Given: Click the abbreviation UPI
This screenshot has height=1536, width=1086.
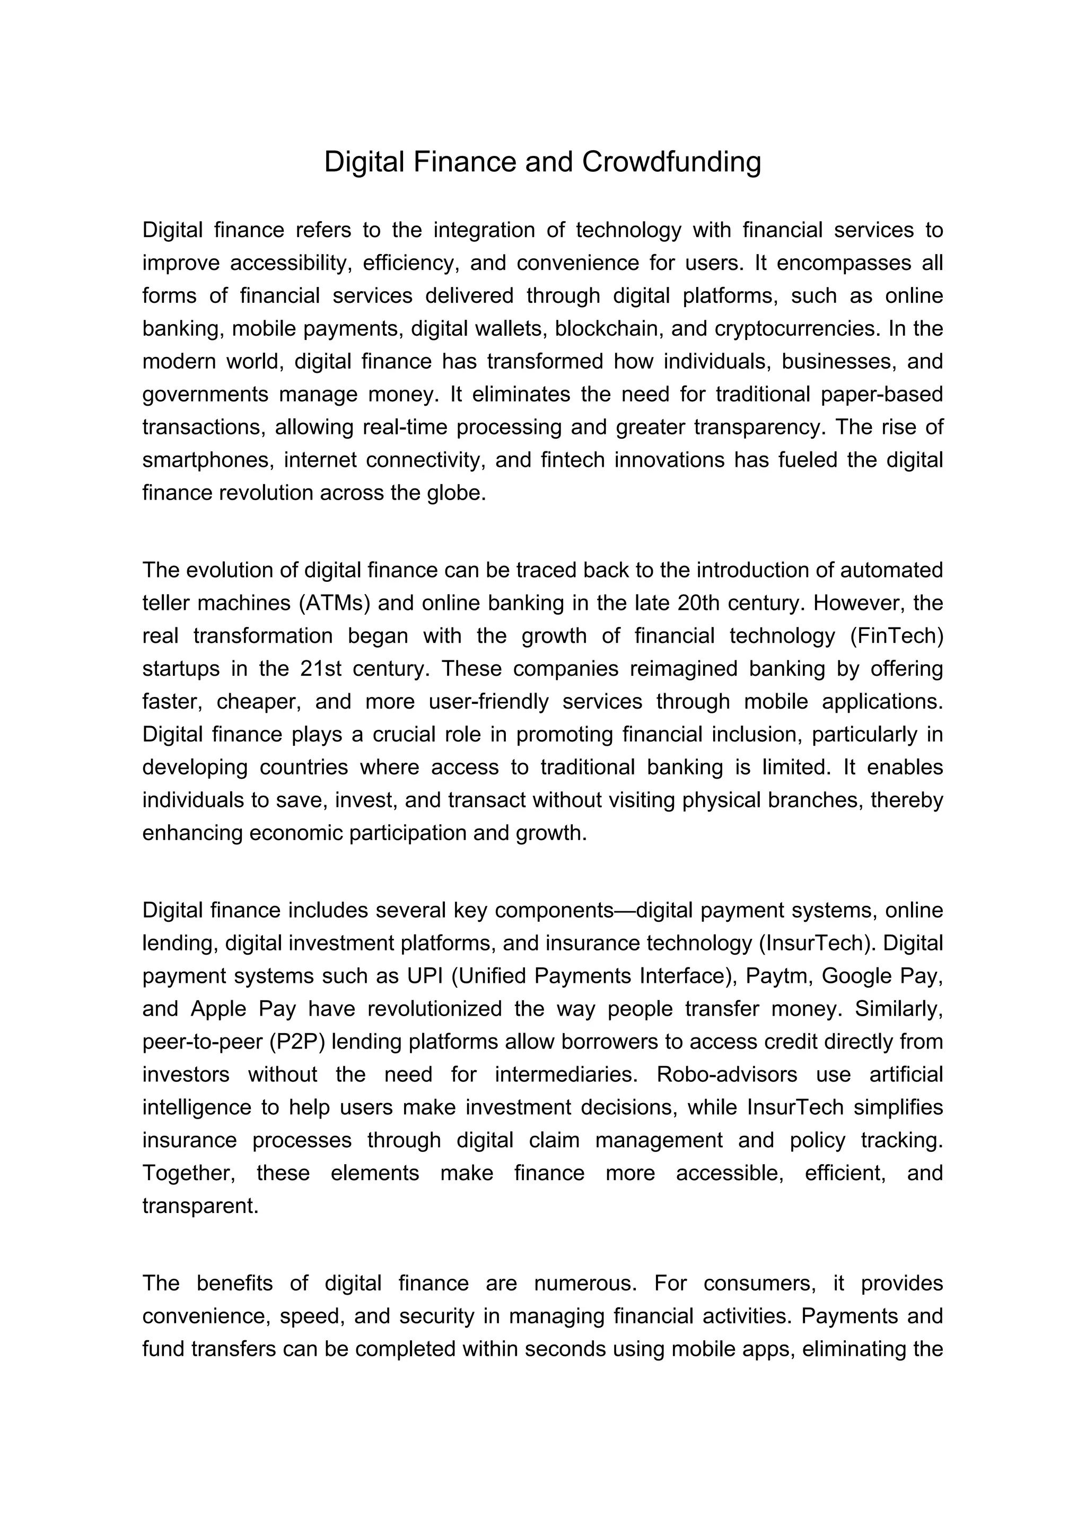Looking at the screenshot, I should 425,975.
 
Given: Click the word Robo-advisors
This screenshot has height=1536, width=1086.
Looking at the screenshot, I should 727,1075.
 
